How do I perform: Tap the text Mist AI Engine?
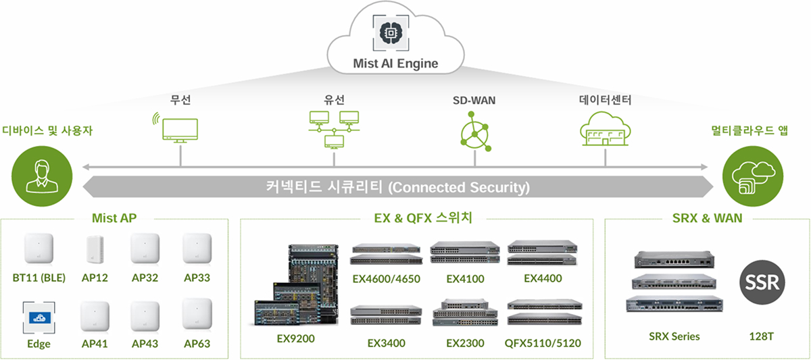pyautogui.click(x=395, y=64)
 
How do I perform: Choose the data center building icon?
pyautogui.click(x=604, y=130)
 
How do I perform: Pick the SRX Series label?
pyautogui.click(x=674, y=336)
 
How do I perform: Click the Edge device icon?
pyautogui.click(x=38, y=316)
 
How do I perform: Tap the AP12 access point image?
pyautogui.click(x=93, y=250)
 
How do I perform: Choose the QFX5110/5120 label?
pyautogui.click(x=543, y=343)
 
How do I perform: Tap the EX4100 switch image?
pyautogui.click(x=465, y=251)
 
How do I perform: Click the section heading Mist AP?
pyautogui.click(x=114, y=218)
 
